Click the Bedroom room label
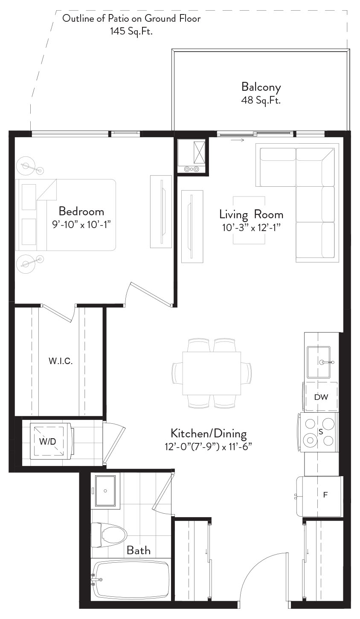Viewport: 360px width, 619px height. click(x=81, y=211)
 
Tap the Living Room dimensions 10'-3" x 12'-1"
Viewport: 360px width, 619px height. click(x=251, y=228)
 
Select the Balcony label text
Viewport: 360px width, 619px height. click(x=261, y=87)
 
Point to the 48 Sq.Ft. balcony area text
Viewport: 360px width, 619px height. click(x=261, y=100)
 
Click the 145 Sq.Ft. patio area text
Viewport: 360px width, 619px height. click(x=131, y=31)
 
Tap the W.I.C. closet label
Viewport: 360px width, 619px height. click(x=61, y=361)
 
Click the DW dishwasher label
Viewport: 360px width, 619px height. click(x=321, y=397)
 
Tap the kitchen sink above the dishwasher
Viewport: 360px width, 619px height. click(x=319, y=362)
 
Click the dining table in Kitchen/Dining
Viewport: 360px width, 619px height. click(x=212, y=373)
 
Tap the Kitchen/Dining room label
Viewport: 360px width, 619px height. click(x=209, y=433)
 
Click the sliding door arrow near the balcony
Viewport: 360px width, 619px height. click(x=238, y=140)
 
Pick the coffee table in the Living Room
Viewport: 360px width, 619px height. click(x=249, y=220)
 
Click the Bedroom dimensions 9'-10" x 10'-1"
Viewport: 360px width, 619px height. click(x=81, y=224)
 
